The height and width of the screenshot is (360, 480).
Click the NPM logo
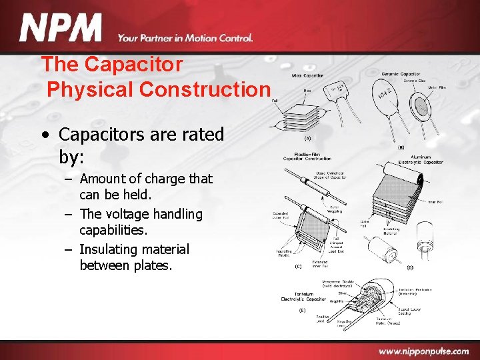coord(61,29)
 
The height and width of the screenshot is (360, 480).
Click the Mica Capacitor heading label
coord(308,75)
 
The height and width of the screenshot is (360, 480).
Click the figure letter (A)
coord(308,139)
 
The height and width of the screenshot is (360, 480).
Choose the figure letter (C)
coord(298,266)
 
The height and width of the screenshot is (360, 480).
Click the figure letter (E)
coord(302,310)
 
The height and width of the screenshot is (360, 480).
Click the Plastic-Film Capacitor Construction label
coord(307,157)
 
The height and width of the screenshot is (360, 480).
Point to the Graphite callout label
coord(336,301)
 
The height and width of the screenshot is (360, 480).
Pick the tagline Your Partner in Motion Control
coord(185,39)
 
